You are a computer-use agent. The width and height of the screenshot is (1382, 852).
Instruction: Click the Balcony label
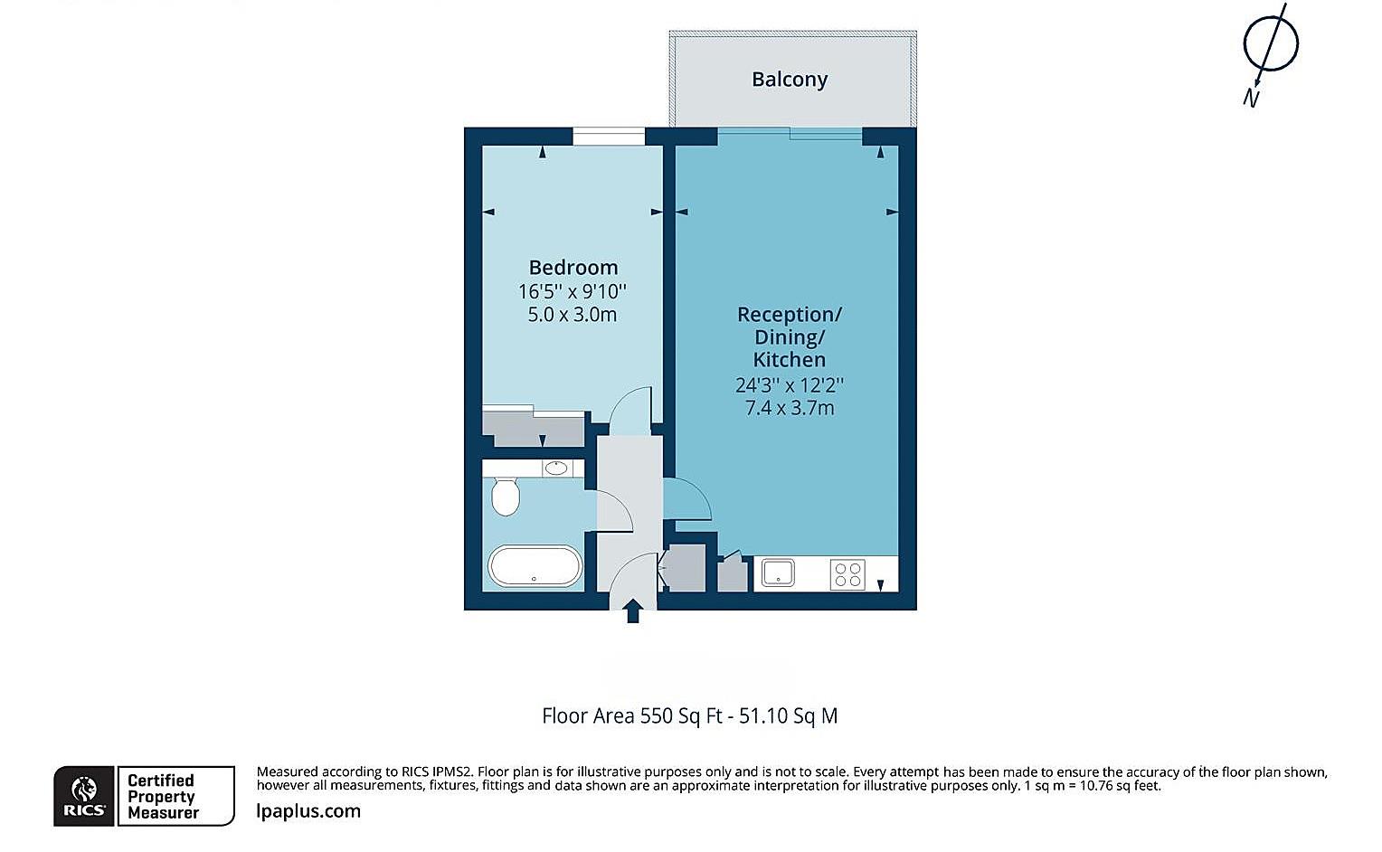tap(790, 80)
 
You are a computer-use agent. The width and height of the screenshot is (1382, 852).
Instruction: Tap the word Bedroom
tap(573, 268)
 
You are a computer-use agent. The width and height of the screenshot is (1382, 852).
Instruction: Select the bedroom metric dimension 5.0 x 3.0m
tap(572, 315)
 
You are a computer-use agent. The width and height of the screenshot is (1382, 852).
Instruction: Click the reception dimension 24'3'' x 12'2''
tap(790, 384)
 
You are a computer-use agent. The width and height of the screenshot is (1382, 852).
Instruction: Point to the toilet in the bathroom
tap(506, 495)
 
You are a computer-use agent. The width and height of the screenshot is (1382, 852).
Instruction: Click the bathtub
tap(535, 566)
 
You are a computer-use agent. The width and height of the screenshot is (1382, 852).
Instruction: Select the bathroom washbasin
tap(556, 468)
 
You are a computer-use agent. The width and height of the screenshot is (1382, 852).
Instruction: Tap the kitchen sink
tap(778, 573)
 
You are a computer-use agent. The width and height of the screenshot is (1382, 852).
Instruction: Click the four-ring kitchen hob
tap(847, 574)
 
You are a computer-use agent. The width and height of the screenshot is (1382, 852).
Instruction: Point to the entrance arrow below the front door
tap(633, 611)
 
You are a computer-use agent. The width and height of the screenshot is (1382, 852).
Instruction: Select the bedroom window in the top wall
tap(609, 137)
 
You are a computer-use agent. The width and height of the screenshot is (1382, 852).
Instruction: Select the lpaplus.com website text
tap(308, 810)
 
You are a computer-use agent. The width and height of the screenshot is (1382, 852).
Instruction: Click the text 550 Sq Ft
tap(681, 716)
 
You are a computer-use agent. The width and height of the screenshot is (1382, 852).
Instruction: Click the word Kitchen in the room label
tap(789, 360)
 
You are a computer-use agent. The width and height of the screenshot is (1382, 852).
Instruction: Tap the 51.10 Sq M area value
tap(788, 716)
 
